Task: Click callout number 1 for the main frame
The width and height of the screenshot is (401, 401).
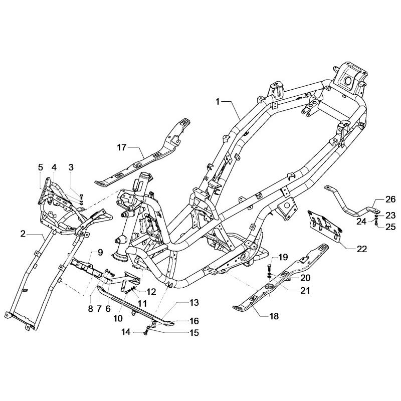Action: pos(218,101)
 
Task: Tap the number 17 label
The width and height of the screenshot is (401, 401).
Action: pos(122,147)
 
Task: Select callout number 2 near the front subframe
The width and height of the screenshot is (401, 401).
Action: pos(23,234)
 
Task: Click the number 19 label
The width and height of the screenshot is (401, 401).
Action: pos(283,257)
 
